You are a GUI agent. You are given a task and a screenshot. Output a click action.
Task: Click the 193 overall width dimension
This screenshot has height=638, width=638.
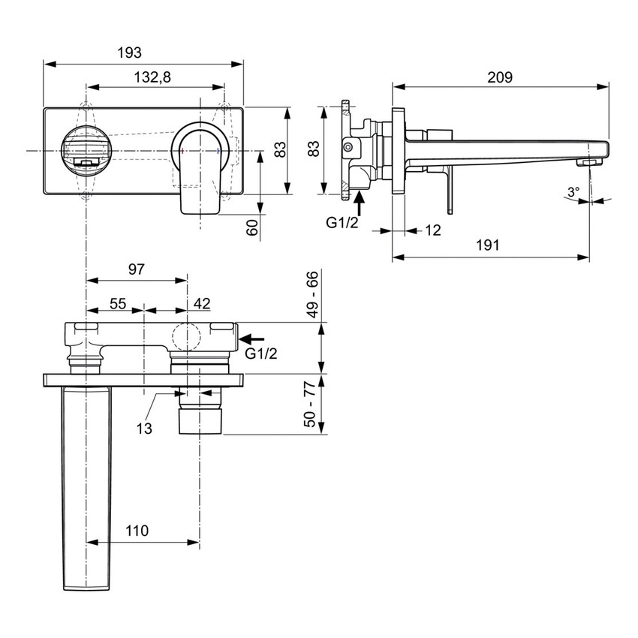(x=130, y=53)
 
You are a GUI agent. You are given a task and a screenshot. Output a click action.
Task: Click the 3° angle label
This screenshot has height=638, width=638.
(x=573, y=192)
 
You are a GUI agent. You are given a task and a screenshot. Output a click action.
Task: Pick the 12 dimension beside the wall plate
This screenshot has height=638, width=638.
(x=432, y=230)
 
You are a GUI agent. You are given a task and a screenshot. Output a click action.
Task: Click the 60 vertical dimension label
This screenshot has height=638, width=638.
(x=253, y=227)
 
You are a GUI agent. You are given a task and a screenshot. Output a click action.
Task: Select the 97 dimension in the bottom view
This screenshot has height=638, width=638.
(x=136, y=269)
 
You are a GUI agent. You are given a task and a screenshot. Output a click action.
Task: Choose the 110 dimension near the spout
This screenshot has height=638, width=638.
(x=137, y=531)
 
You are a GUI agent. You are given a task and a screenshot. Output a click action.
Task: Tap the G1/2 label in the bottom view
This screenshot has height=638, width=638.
(x=261, y=354)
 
